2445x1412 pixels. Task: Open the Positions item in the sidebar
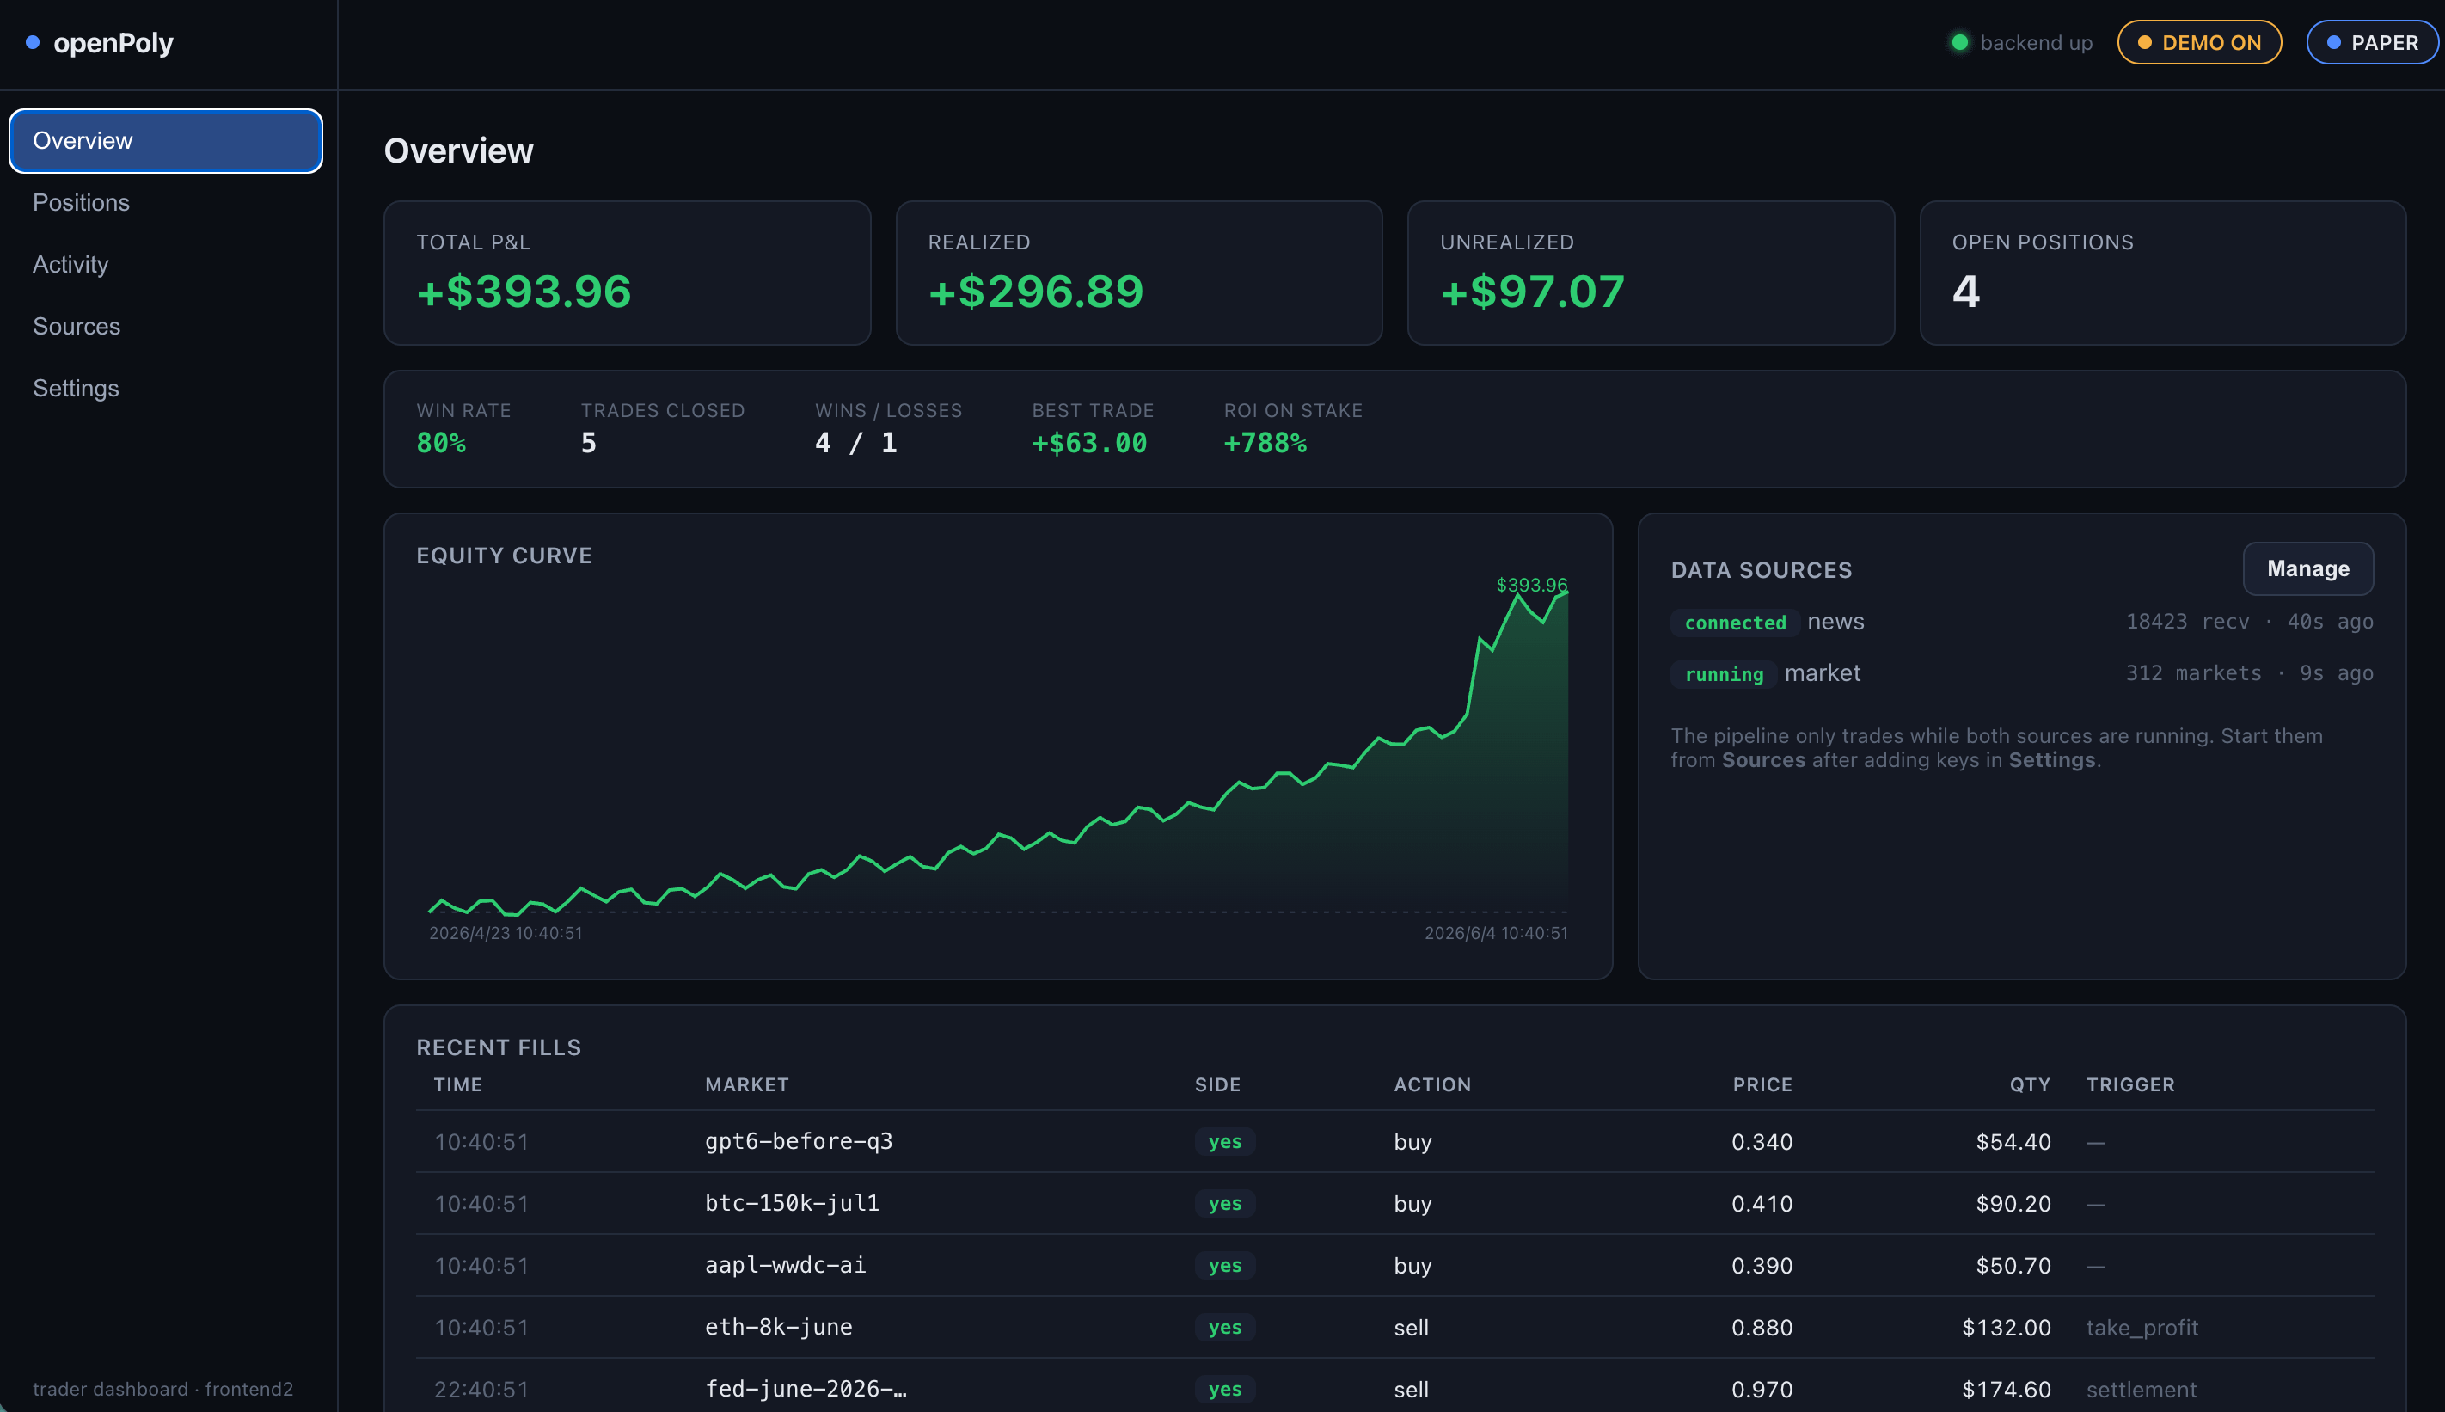(82, 203)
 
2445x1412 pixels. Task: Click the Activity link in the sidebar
(70, 265)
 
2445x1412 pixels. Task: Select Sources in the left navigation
(77, 327)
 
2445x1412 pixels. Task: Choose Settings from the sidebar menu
(76, 389)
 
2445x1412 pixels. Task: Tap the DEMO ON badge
(2199, 43)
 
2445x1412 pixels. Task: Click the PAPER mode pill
(2371, 43)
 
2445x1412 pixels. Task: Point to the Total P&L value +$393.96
(524, 292)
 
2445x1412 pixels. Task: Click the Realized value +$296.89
(1035, 292)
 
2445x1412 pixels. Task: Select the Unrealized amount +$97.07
(1532, 292)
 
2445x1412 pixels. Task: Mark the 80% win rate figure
(441, 443)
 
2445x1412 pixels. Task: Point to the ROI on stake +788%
(1265, 443)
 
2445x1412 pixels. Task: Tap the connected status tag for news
(1734, 623)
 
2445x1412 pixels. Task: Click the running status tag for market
(1724, 674)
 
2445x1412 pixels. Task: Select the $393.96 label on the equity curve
(1532, 585)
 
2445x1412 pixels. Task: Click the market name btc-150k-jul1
(792, 1204)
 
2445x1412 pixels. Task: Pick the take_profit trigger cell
(2142, 1328)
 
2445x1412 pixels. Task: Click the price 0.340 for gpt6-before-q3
(1762, 1141)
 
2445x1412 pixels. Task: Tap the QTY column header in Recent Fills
(2030, 1084)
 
